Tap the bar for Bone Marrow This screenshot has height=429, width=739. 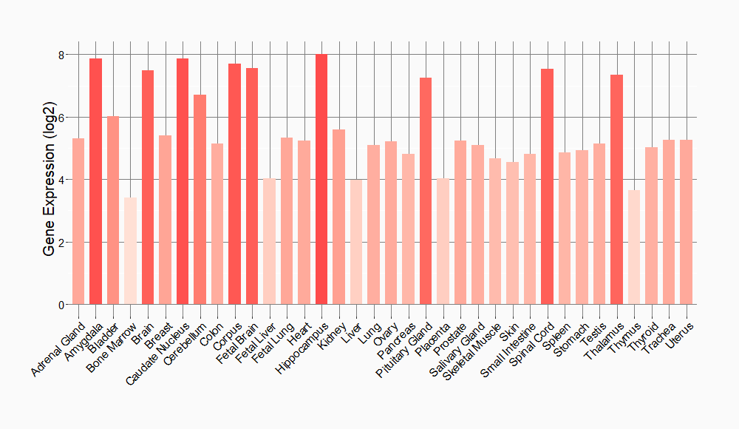click(130, 251)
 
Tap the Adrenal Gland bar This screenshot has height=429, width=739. click(78, 221)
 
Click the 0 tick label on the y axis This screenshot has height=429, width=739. click(61, 305)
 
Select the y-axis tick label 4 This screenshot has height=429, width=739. click(61, 180)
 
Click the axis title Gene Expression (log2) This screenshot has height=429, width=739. click(50, 180)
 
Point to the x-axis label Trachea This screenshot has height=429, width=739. click(661, 337)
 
